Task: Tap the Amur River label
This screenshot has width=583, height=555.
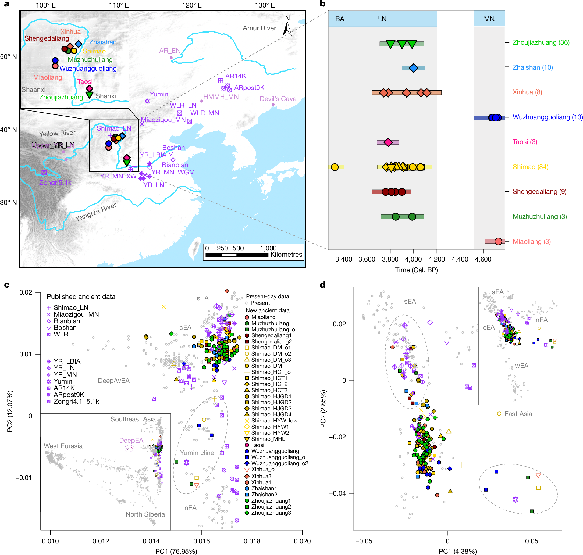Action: point(259,28)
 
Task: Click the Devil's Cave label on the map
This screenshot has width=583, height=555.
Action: point(278,99)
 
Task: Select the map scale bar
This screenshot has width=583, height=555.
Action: point(237,255)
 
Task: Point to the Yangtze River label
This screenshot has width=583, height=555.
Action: point(95,212)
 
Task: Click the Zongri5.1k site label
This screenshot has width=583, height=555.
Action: point(55,182)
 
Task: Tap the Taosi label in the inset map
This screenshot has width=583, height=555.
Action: point(85,82)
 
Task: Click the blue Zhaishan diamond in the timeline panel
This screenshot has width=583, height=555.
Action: point(413,68)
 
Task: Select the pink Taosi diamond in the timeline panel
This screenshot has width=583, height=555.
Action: point(388,142)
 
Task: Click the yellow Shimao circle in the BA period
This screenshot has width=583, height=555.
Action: point(335,167)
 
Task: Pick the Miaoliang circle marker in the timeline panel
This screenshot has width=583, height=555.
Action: point(498,241)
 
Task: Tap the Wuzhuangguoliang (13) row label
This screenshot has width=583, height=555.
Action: point(548,117)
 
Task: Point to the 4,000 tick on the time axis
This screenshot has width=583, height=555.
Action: point(413,259)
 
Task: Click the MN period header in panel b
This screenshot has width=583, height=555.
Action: point(489,19)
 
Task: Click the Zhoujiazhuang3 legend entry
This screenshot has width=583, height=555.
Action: point(271,513)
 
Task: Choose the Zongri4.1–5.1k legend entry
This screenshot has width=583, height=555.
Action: point(76,402)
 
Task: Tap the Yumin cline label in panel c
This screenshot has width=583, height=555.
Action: point(197,453)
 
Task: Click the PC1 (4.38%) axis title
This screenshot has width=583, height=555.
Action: point(457,551)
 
